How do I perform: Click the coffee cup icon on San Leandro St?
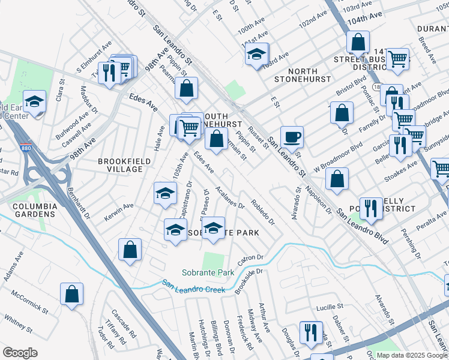pyautogui.click(x=292, y=137)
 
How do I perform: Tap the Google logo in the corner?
pyautogui.click(x=20, y=353)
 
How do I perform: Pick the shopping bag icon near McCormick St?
pyautogui.click(x=71, y=294)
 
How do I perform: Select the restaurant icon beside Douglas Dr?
pyautogui.click(x=310, y=332)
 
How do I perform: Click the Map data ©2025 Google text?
pyautogui.click(x=411, y=355)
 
